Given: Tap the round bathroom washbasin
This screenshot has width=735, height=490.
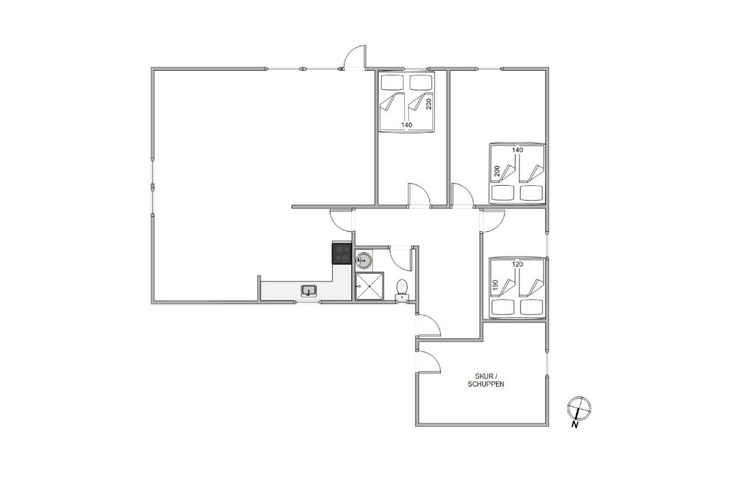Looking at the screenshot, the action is [x=363, y=260].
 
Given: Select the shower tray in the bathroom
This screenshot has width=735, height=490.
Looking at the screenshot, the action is [x=369, y=286].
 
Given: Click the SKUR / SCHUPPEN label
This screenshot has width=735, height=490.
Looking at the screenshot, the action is [x=485, y=380].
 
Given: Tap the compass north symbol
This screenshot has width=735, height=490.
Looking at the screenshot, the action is [x=579, y=408].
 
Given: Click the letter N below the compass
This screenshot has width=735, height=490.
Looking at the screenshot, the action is [x=575, y=425].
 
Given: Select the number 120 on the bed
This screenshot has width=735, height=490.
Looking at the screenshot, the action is [x=518, y=264].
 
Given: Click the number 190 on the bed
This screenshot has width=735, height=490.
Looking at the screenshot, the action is [x=496, y=285].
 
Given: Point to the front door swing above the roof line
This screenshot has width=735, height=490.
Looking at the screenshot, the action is [x=354, y=57].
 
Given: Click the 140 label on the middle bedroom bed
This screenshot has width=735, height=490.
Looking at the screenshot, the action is [x=407, y=124].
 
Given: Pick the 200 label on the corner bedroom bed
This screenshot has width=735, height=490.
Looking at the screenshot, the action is [x=497, y=171].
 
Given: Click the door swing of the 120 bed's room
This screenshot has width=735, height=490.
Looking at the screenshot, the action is [x=493, y=221].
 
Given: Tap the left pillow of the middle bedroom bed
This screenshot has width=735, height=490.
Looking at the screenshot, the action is [x=392, y=82].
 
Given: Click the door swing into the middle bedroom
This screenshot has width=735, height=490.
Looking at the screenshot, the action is [x=419, y=195].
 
